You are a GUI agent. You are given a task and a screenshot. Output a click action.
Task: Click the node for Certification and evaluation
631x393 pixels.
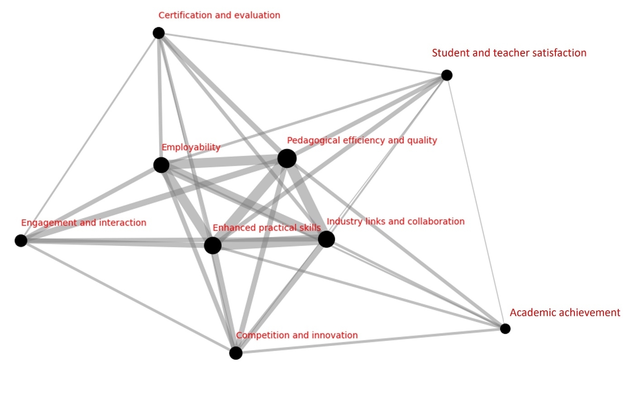(x=158, y=33)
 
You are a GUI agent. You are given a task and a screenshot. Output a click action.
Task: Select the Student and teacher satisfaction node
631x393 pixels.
(x=447, y=75)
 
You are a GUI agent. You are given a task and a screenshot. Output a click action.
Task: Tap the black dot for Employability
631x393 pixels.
(x=161, y=165)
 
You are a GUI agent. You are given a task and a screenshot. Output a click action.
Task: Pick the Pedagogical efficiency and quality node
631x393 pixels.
(x=287, y=159)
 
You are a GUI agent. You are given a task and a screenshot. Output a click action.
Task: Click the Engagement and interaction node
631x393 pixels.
(x=21, y=241)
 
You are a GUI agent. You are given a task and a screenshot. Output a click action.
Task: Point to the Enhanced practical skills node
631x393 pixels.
(x=213, y=246)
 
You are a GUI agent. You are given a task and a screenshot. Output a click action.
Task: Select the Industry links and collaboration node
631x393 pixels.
(x=326, y=239)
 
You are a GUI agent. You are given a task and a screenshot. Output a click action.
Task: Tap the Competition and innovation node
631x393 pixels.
(x=236, y=353)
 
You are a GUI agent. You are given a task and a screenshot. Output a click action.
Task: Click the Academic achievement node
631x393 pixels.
(x=505, y=329)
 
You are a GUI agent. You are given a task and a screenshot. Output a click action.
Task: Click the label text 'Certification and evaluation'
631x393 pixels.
(x=219, y=15)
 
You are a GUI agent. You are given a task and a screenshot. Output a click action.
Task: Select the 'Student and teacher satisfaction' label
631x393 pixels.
(x=509, y=53)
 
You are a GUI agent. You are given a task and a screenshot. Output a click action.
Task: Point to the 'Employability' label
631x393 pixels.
(x=191, y=147)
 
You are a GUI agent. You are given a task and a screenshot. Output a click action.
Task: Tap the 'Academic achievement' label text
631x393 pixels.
(x=564, y=313)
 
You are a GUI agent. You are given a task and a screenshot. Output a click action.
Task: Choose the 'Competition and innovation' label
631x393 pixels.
(x=297, y=335)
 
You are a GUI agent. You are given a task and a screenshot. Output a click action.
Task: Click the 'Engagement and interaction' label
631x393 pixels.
(x=84, y=223)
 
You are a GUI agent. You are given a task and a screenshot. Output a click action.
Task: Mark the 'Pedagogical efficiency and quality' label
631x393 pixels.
(x=362, y=140)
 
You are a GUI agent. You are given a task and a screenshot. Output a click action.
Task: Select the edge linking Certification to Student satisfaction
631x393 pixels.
(x=302, y=54)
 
